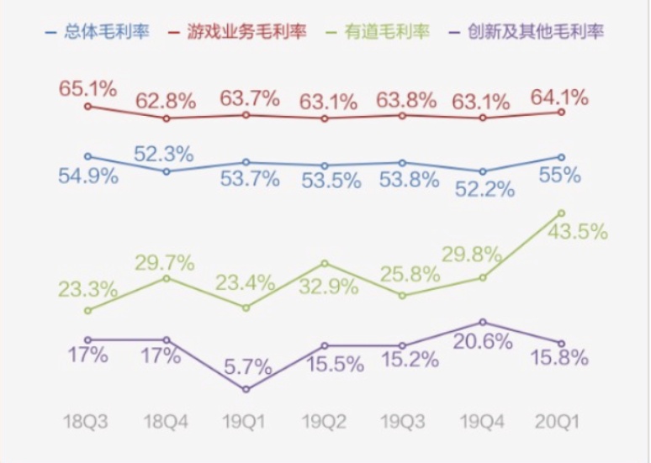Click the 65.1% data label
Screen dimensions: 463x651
(x=87, y=87)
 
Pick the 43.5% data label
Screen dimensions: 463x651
(x=577, y=233)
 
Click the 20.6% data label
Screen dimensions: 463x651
(x=483, y=342)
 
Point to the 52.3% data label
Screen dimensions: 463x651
(x=165, y=154)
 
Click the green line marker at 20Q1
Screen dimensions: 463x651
(x=562, y=213)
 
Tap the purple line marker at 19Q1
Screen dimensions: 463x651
(x=246, y=389)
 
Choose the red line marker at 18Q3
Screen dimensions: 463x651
(x=87, y=107)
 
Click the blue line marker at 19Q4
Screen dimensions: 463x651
(x=483, y=171)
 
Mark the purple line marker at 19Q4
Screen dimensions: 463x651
(x=483, y=322)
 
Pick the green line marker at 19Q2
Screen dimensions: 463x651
(x=325, y=263)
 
